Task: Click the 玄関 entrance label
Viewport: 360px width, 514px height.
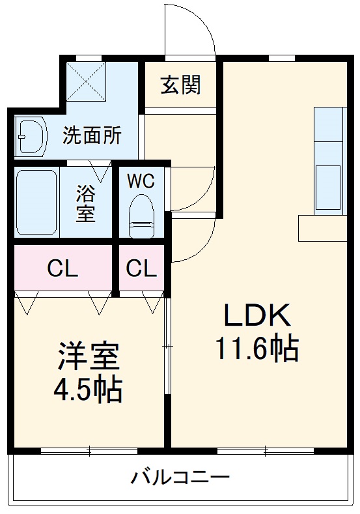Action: [x=181, y=85]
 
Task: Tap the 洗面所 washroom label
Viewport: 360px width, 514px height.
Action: [x=92, y=136]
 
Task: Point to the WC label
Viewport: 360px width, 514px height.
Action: [x=141, y=181]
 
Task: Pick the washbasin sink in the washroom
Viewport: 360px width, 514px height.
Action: [x=31, y=136]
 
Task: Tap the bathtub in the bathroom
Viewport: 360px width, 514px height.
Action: [x=37, y=202]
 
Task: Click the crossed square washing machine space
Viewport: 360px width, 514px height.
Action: [x=87, y=82]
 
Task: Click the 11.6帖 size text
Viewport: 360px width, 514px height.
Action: [x=257, y=349]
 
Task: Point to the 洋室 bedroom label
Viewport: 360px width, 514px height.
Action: [x=89, y=356]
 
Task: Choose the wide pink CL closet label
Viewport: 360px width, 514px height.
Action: [x=62, y=268]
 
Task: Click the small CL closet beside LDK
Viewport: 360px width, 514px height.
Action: [x=141, y=268]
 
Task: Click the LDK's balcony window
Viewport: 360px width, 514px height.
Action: [x=266, y=451]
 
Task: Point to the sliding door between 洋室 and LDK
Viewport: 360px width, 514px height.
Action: [x=167, y=345]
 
